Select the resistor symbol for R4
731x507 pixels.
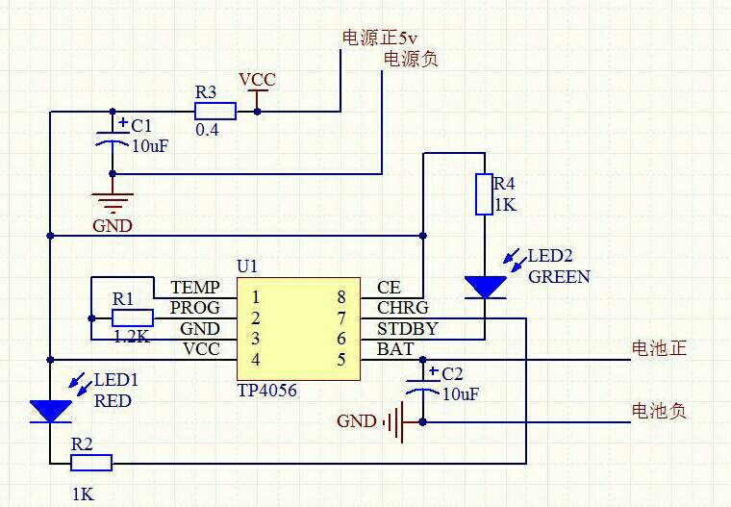click(484, 193)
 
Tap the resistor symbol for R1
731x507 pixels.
click(132, 318)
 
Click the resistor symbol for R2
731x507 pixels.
click(91, 464)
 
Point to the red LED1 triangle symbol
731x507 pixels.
click(50, 411)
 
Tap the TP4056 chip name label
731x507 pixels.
click(266, 391)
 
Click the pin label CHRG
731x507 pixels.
click(403, 308)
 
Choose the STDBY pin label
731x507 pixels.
click(407, 328)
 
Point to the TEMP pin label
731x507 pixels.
click(195, 288)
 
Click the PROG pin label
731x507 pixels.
click(195, 308)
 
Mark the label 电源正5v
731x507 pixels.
click(381, 38)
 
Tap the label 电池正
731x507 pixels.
click(659, 348)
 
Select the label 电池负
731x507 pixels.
click(659, 411)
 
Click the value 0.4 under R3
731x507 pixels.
click(207, 130)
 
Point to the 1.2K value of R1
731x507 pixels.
click(133, 337)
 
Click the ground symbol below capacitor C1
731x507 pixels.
click(113, 203)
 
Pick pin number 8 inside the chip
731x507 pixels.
click(340, 297)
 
